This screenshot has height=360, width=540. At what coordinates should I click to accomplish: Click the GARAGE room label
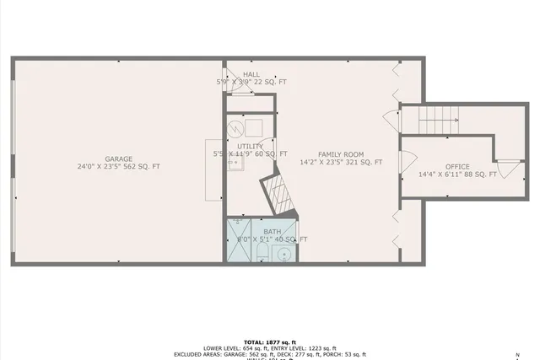[x=119, y=159]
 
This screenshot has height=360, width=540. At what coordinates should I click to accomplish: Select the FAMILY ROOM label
[x=341, y=154]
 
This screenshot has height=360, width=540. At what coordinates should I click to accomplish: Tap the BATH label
[x=273, y=232]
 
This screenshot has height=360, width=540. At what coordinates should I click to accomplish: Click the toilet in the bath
[x=263, y=254]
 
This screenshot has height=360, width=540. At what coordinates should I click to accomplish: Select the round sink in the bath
[x=285, y=254]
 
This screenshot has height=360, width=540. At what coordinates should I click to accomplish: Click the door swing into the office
[x=406, y=159]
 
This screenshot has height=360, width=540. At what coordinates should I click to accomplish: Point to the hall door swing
[x=237, y=87]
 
